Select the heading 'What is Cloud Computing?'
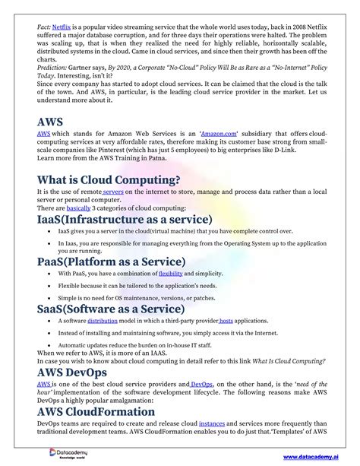[x=109, y=179]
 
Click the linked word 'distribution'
[x=103, y=322]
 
